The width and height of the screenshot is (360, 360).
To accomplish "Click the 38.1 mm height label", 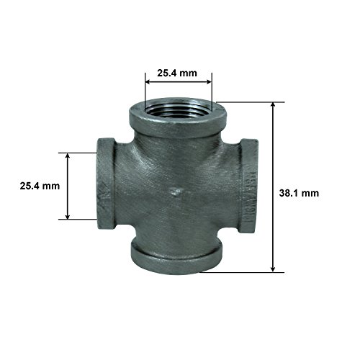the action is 299,193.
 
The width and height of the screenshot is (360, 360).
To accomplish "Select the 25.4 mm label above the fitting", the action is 177,73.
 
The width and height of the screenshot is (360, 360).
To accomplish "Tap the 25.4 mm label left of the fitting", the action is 40,186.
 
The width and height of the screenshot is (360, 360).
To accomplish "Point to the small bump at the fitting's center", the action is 176,192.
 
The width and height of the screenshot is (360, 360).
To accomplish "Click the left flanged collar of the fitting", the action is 106,184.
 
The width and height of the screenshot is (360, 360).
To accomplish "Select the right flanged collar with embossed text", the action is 248,186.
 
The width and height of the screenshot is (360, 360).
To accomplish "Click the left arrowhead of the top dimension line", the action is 148,82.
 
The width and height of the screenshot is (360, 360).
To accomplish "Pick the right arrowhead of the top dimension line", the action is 209,82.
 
